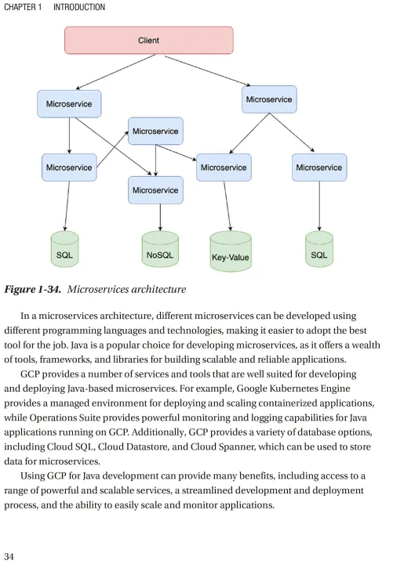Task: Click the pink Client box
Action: click(x=149, y=40)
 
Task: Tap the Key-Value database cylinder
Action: click(x=231, y=251)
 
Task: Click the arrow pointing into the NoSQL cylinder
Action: click(x=160, y=217)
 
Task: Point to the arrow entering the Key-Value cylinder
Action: click(x=227, y=206)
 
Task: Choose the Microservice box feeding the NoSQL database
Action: click(x=155, y=190)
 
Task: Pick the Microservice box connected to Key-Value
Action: click(x=224, y=168)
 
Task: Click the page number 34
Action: click(x=9, y=556)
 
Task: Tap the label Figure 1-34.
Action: click(x=32, y=289)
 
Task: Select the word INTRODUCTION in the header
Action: click(x=79, y=7)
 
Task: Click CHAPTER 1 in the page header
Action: click(x=23, y=7)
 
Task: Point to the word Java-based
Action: click(x=90, y=389)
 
